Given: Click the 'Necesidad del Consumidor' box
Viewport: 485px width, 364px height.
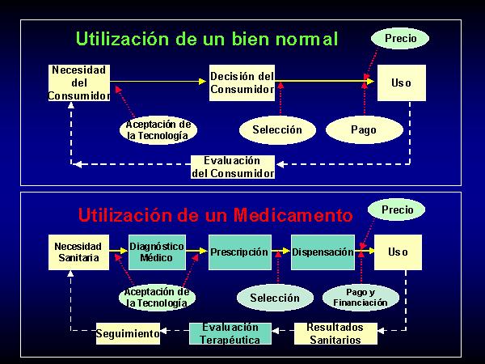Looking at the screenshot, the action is pyautogui.click(x=79, y=83).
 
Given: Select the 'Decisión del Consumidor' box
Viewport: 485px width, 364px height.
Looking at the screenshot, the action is pyautogui.click(x=242, y=83).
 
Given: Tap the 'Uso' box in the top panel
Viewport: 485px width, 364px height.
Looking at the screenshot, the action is pyautogui.click(x=402, y=83).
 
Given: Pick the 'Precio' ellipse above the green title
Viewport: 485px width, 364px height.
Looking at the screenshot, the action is pyautogui.click(x=400, y=38).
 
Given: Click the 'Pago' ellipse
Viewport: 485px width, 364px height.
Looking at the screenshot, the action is pyautogui.click(x=365, y=129).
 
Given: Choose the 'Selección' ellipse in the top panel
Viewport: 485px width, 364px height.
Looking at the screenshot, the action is pyautogui.click(x=277, y=129).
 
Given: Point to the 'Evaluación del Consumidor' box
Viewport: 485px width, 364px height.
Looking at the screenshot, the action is pyautogui.click(x=233, y=167).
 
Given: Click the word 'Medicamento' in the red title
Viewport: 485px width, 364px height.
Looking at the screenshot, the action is pyautogui.click(x=293, y=215).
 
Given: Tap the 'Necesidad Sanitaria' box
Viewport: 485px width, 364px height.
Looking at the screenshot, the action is pyautogui.click(x=78, y=252).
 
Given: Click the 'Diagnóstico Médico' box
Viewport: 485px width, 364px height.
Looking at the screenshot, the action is pyautogui.click(x=157, y=252).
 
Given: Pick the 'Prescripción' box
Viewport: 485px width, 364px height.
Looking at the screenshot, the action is pyautogui.click(x=240, y=252).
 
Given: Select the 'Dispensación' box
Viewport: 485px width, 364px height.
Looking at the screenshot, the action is pyautogui.click(x=323, y=252).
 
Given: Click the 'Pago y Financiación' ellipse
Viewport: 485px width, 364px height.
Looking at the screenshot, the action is pyautogui.click(x=361, y=298).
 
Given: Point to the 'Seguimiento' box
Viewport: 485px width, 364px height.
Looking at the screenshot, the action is pyautogui.click(x=128, y=333).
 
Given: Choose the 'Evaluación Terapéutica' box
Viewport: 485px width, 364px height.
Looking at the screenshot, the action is pyautogui.click(x=230, y=333).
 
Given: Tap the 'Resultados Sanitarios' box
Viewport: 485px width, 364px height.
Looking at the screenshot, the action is pyautogui.click(x=335, y=333).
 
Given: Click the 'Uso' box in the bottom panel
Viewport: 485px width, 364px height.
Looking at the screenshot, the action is pyautogui.click(x=398, y=252).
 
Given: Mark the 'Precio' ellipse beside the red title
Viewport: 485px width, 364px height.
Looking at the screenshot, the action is pyautogui.click(x=397, y=210).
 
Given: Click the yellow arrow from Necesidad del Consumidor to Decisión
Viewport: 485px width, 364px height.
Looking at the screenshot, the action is pyautogui.click(x=158, y=82).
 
